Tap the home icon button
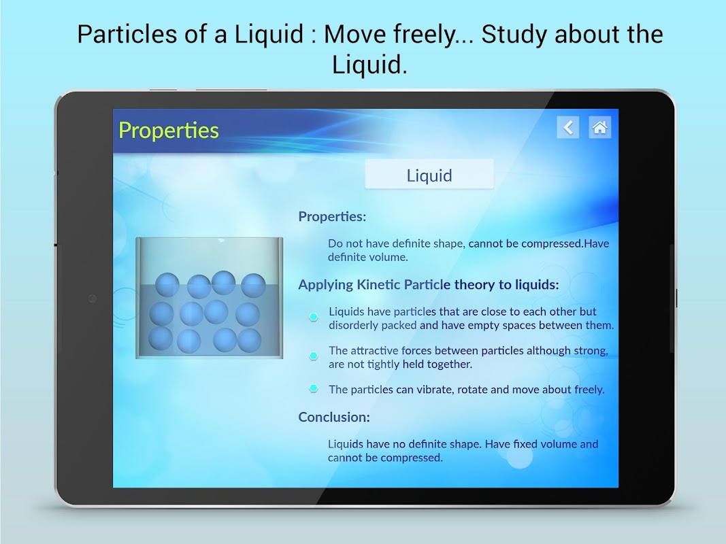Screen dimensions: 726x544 (599, 127)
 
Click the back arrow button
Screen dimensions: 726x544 (568, 127)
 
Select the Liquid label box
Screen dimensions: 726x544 (429, 174)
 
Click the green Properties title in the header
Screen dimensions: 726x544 (169, 131)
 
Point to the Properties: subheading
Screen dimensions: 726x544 (332, 216)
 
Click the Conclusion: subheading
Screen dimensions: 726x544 (334, 418)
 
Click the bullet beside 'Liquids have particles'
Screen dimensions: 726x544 (314, 317)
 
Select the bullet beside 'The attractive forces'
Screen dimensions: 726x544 (314, 356)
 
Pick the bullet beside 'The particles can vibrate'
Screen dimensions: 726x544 (314, 388)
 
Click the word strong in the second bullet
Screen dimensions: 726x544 (591, 351)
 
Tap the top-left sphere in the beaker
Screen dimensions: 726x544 (167, 284)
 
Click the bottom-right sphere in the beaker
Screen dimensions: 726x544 (250, 341)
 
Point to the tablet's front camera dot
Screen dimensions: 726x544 (92, 299)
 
